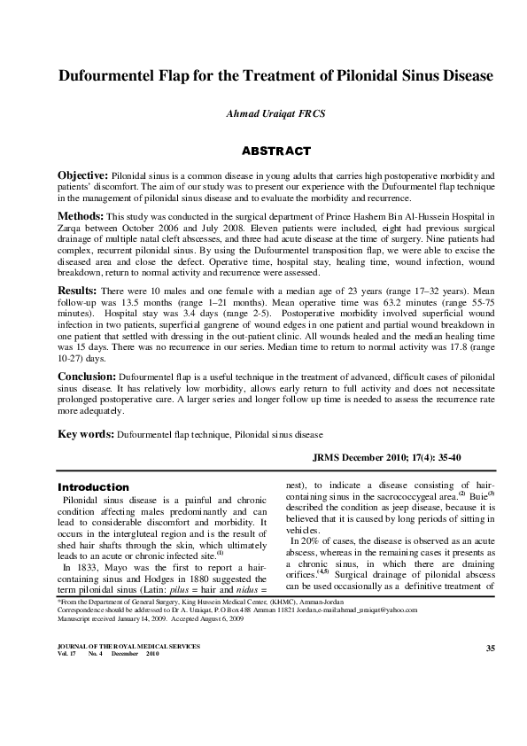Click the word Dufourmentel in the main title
[x=98, y=76]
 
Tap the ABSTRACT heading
[x=263, y=151]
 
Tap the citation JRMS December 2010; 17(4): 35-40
[x=394, y=460]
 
